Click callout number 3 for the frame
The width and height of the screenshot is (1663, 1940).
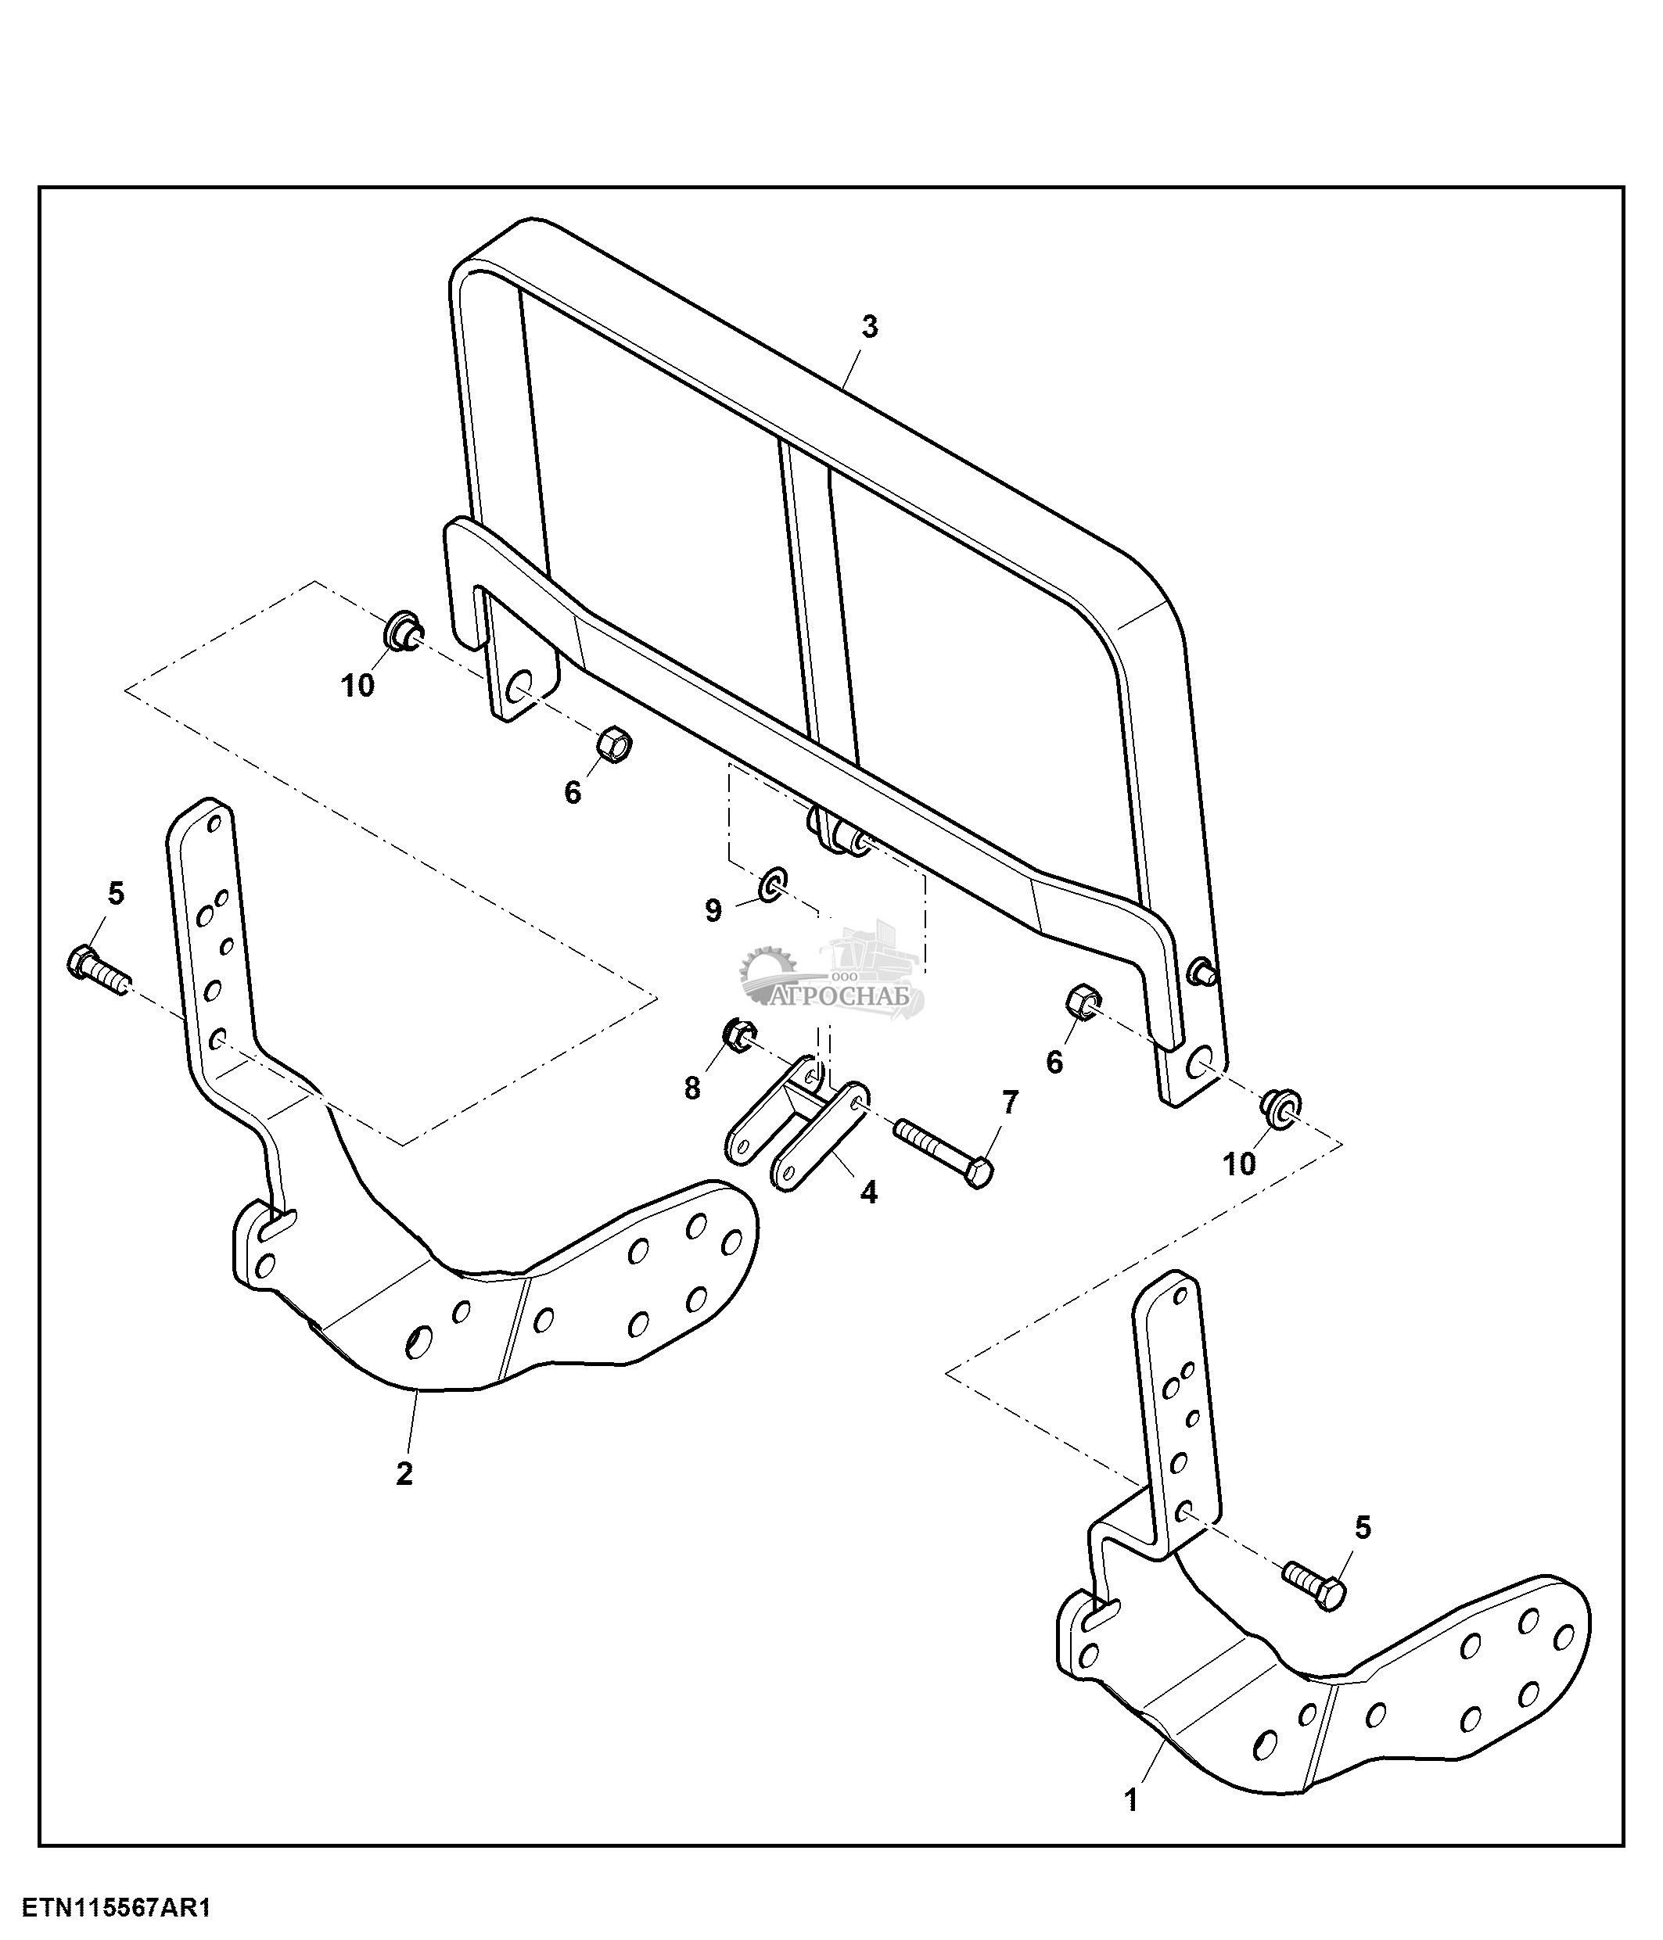tap(870, 328)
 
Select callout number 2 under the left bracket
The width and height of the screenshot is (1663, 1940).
tap(404, 1474)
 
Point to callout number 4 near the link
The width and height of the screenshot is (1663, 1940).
tap(869, 1192)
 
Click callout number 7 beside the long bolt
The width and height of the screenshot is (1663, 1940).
tap(1009, 1103)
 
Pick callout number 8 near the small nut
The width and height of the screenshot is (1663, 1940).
tap(692, 1088)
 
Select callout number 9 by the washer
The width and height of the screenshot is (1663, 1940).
tap(713, 910)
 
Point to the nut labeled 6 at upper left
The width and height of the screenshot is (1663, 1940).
tap(615, 744)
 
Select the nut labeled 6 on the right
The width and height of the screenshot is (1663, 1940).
tap(1083, 1001)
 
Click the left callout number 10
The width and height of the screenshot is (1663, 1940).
tap(357, 687)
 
